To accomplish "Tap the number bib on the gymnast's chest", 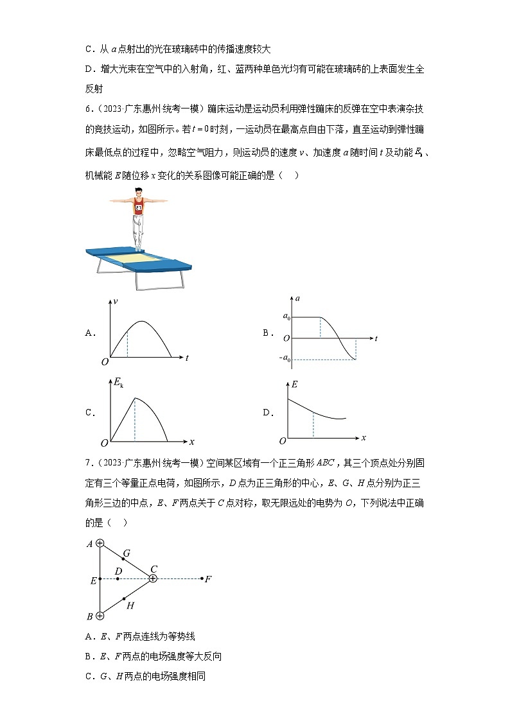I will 138,207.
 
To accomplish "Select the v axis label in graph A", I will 116,301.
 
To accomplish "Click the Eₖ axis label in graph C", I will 118,383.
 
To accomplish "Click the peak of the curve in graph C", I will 135,398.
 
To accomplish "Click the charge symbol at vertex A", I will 100,543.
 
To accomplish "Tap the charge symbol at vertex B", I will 100,616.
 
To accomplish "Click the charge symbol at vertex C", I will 153,578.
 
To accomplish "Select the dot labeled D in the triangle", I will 118,578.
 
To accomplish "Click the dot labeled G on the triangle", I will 123,559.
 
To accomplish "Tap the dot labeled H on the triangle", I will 123,598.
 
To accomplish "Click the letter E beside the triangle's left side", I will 93,580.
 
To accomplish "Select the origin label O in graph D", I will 282,441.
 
